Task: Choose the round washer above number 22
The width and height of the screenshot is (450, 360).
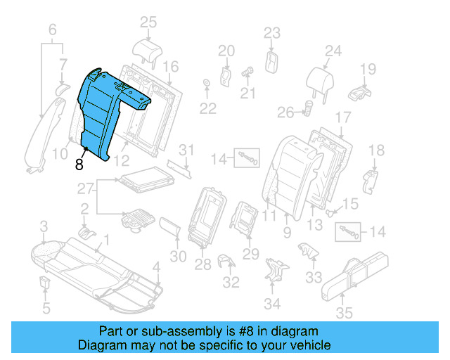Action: tap(206, 85)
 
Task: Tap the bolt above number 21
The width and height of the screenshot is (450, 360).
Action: tap(247, 70)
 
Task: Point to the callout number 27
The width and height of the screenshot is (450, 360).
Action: tap(85, 188)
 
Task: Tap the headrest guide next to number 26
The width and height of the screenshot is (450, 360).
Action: tap(307, 107)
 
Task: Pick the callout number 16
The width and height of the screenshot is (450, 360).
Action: tap(171, 67)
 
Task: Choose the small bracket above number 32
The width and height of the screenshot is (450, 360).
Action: tap(226, 262)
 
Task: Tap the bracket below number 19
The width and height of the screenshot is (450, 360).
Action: tap(360, 91)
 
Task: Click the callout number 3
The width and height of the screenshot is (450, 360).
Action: tap(44, 226)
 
